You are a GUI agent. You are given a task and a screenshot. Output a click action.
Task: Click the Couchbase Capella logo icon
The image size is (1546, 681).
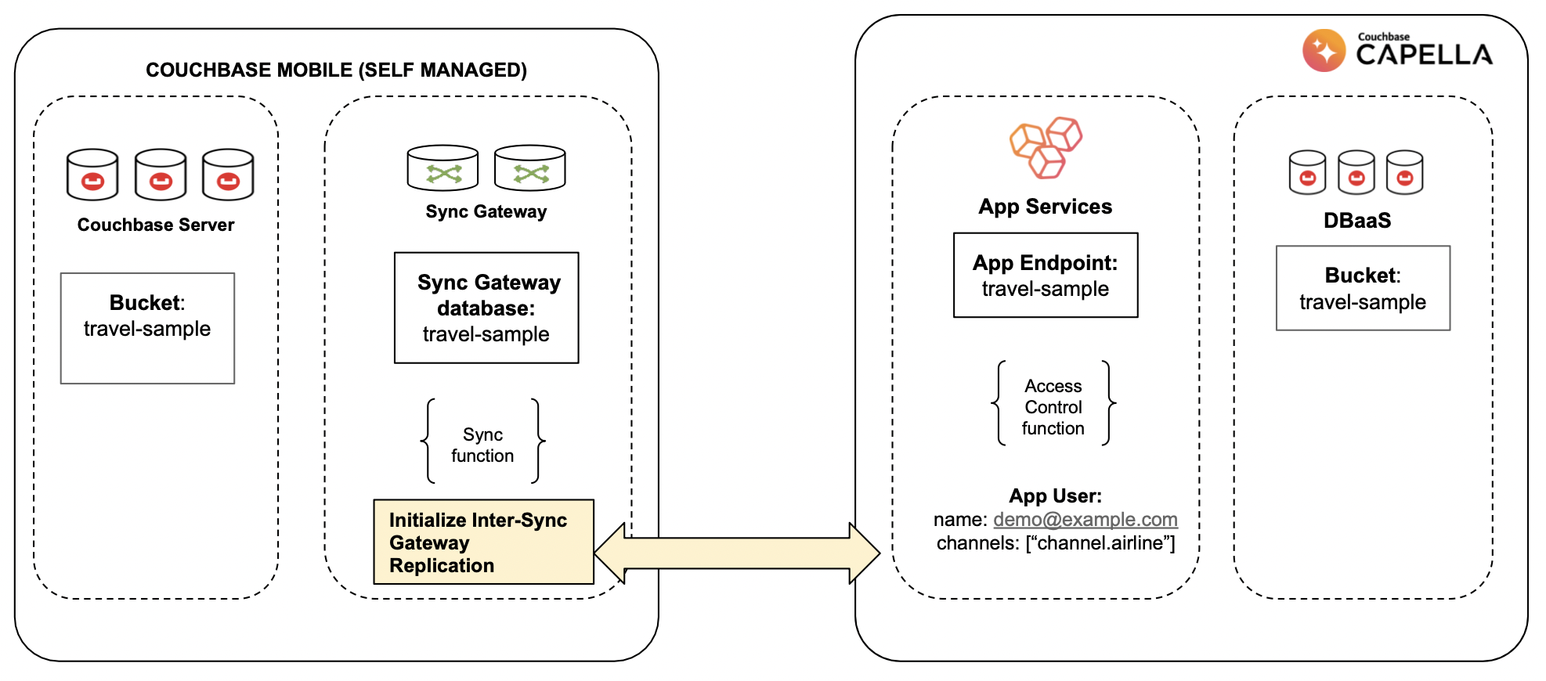[x=1324, y=51]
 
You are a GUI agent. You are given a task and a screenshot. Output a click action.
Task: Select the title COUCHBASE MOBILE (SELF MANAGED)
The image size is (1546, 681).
[x=336, y=70]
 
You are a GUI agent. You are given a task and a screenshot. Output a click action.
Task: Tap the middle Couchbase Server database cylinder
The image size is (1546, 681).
[x=161, y=175]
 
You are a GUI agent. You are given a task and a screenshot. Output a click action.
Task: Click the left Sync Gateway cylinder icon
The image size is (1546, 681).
[x=442, y=168]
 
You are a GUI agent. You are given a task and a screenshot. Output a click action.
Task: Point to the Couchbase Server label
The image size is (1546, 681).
[x=156, y=225]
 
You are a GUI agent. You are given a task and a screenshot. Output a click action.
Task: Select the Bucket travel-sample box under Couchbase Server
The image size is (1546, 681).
[x=147, y=327]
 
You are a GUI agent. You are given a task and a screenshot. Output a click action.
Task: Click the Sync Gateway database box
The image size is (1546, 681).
[x=486, y=308]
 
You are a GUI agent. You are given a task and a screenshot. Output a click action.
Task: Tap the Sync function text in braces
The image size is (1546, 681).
[x=482, y=445]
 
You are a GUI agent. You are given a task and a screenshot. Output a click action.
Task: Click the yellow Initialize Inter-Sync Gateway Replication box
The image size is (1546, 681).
[x=483, y=542]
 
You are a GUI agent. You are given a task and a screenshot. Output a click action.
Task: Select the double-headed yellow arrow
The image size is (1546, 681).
[x=736, y=553]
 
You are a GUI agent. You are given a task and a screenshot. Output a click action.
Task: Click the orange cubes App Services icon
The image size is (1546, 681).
[x=1046, y=148]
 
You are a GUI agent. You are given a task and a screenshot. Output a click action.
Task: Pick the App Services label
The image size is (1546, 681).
[x=1045, y=207]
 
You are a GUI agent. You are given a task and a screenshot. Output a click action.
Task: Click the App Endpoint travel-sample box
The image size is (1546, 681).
[x=1045, y=276]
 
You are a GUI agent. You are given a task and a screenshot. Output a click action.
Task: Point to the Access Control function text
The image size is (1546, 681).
[x=1053, y=407]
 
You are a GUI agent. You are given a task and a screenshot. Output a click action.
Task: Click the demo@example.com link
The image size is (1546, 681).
[x=1085, y=520]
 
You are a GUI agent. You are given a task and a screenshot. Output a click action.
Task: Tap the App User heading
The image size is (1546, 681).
[x=1055, y=496]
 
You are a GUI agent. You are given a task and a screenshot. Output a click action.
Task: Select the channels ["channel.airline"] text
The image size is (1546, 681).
[x=1055, y=543]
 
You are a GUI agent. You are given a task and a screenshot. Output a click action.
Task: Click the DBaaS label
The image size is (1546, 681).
[x=1357, y=221]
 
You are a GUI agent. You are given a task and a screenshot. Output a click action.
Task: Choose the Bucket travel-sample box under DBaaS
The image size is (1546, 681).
[x=1363, y=288]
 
